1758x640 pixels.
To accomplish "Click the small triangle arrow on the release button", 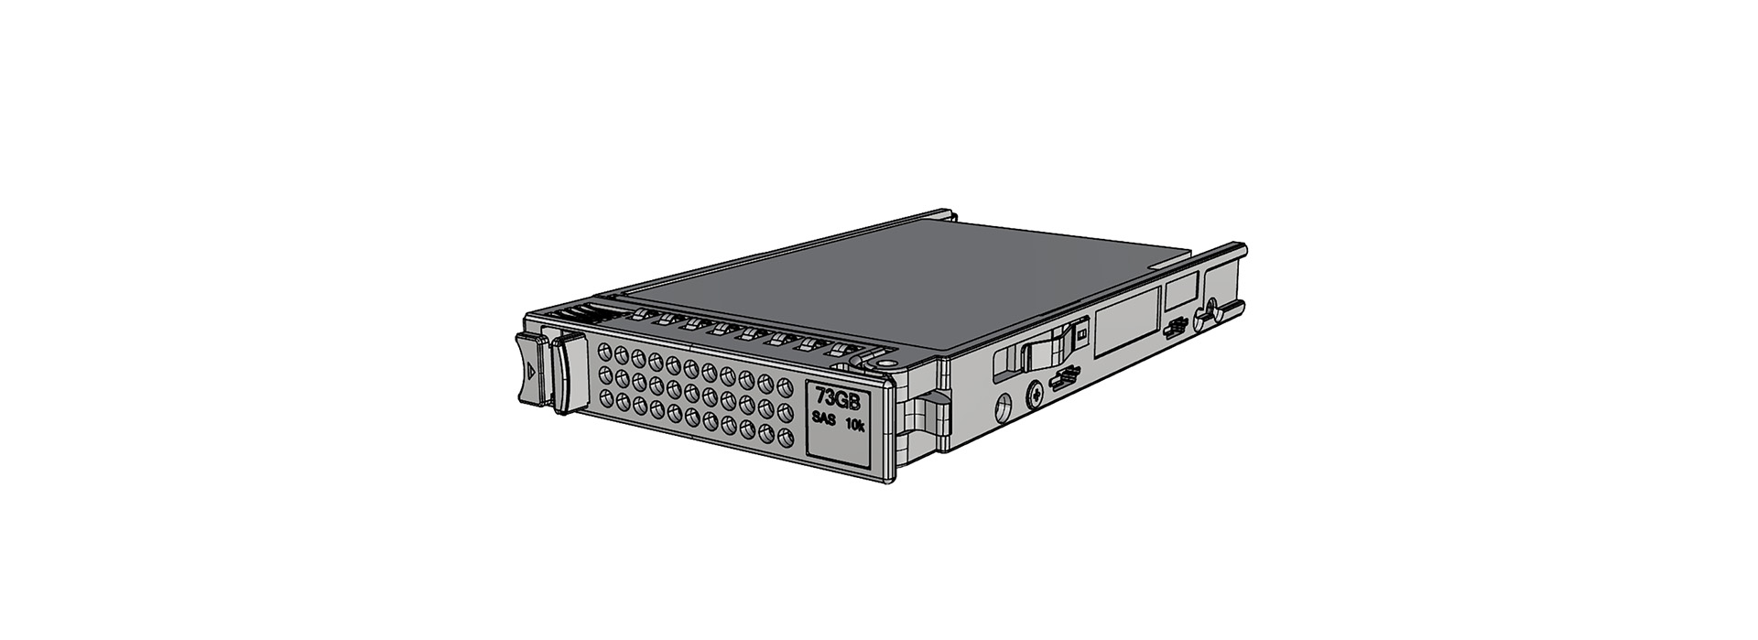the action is click(x=530, y=372).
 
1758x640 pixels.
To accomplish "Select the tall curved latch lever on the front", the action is click(x=568, y=374).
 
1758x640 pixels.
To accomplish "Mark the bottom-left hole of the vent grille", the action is click(x=604, y=396).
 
